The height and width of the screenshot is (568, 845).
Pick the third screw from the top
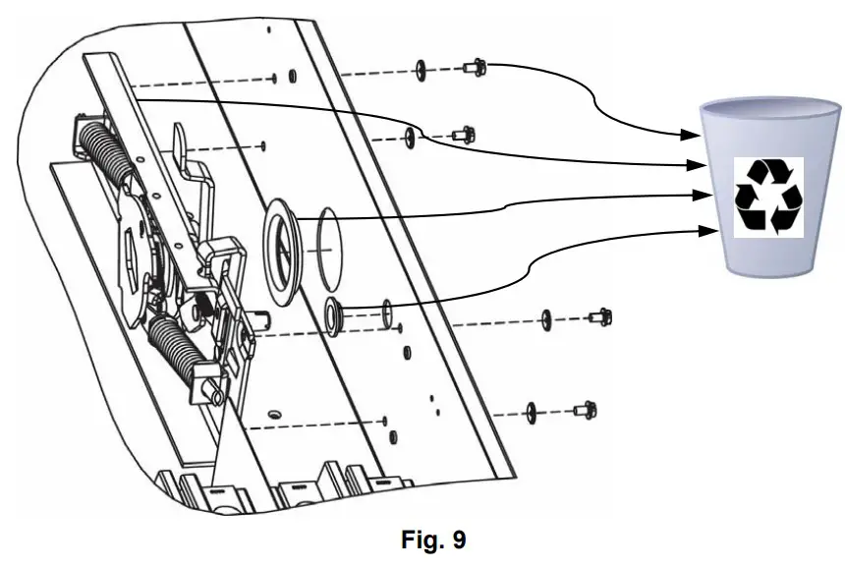point(598,317)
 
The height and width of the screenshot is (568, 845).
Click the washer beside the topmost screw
point(421,69)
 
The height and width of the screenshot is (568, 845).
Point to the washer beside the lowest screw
point(532,410)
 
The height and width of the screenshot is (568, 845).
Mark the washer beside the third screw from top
point(546,319)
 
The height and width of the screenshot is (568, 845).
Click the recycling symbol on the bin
point(769,197)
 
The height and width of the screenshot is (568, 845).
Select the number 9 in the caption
point(459,540)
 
